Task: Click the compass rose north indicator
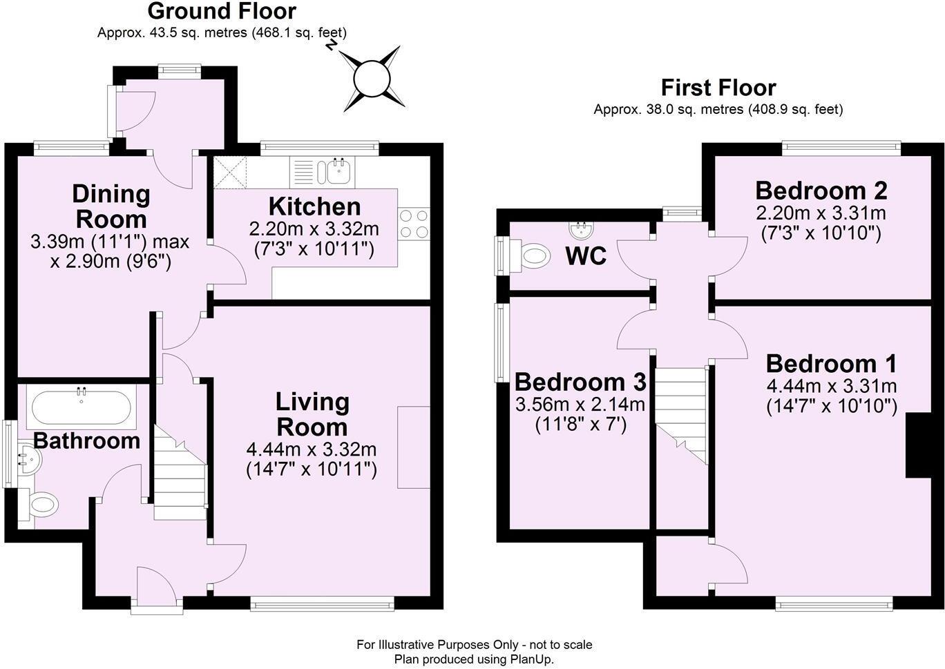(373, 78)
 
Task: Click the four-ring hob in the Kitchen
(414, 224)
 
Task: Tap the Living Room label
(312, 414)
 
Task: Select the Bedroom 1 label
(831, 363)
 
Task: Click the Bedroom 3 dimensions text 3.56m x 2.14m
(580, 404)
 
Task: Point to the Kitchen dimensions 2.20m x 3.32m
(314, 229)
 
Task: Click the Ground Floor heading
(222, 11)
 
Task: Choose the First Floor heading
(718, 88)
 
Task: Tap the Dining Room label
(111, 206)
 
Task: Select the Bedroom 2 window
(841, 147)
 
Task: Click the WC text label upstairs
(585, 256)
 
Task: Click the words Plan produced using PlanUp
(474, 659)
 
